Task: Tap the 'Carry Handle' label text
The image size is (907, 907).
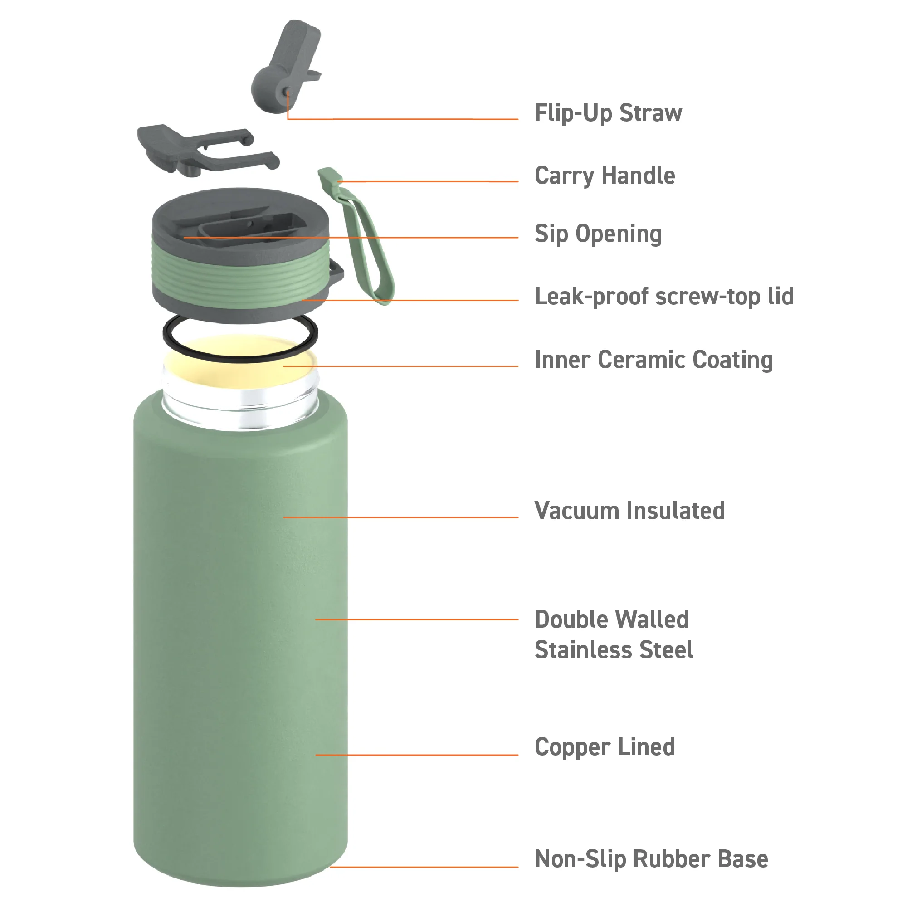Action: [605, 176]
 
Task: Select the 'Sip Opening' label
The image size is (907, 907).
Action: [598, 234]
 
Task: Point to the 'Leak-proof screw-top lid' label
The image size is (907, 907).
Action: [664, 297]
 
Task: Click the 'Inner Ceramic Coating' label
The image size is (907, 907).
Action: [653, 360]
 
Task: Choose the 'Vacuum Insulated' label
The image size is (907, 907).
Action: [629, 511]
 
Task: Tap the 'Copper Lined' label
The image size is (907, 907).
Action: [605, 747]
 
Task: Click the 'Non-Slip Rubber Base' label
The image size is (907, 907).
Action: [651, 858]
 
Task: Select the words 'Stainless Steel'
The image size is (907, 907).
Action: [614, 650]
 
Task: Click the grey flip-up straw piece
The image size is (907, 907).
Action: [285, 66]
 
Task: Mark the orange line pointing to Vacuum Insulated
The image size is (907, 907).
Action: [400, 517]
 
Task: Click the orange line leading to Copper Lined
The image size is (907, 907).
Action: [416, 755]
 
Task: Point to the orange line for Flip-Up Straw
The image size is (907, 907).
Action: [403, 119]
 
